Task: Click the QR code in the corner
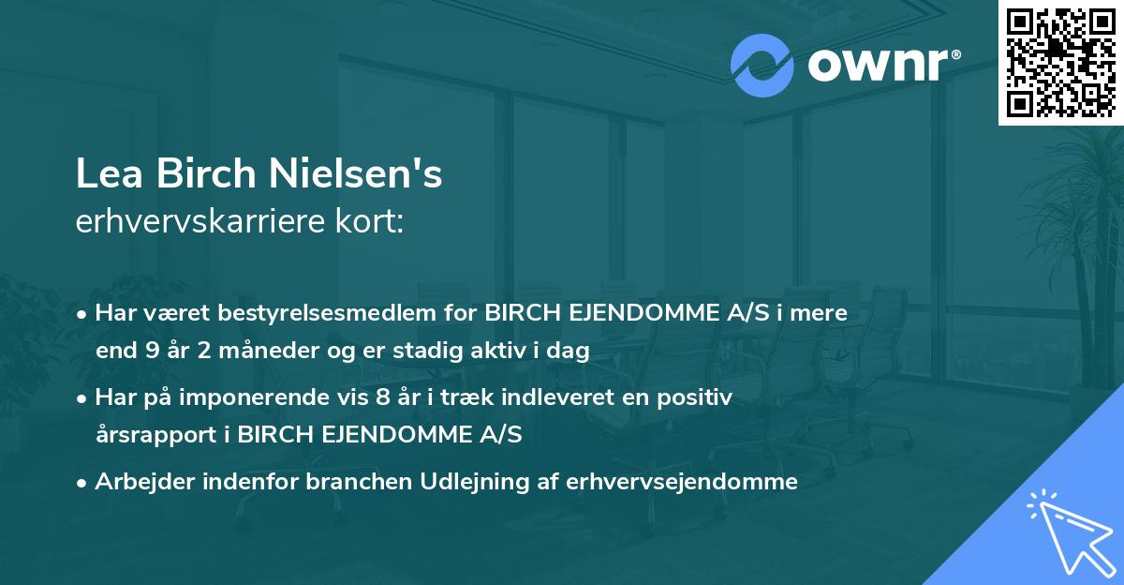[x=1060, y=62]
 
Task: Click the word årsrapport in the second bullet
[x=155, y=436]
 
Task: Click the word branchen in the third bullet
[x=321, y=482]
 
